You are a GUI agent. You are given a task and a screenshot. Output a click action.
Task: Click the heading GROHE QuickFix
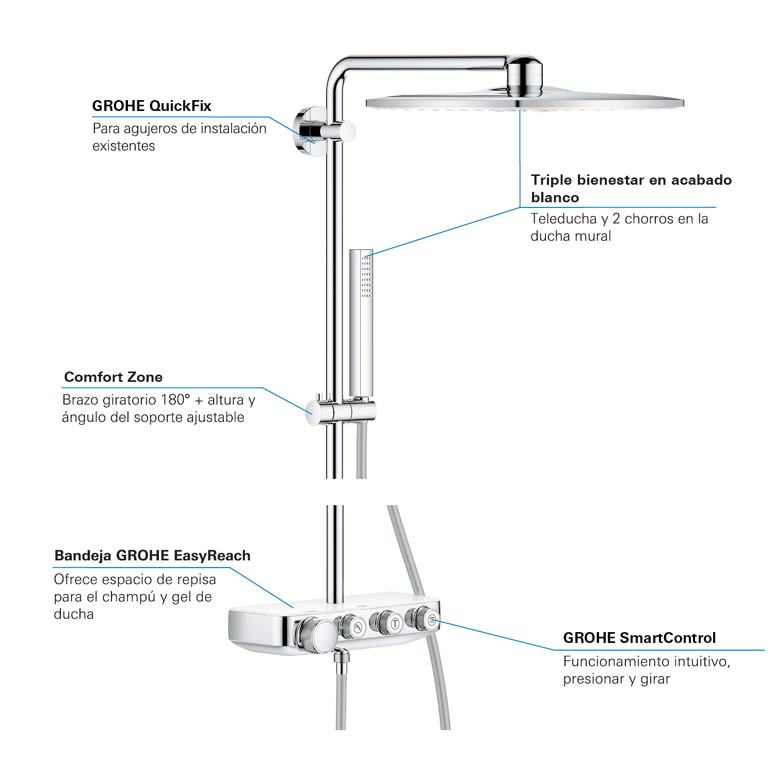pyautogui.click(x=152, y=106)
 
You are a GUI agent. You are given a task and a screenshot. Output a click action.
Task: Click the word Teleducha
pyautogui.click(x=563, y=219)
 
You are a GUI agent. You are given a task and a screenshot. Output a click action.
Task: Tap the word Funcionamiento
pyautogui.click(x=610, y=662)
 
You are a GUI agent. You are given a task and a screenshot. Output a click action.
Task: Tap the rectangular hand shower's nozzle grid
pyautogui.click(x=366, y=276)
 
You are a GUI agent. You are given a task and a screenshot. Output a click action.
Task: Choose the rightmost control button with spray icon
pyautogui.click(x=431, y=620)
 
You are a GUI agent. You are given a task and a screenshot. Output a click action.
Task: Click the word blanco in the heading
pyautogui.click(x=555, y=198)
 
